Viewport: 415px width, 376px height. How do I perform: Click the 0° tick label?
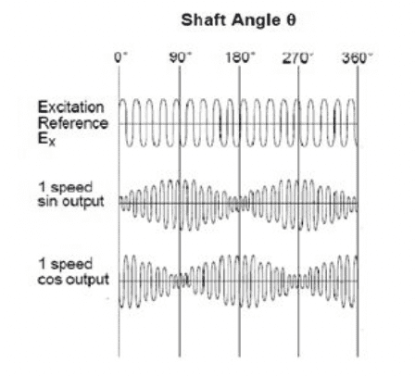120,57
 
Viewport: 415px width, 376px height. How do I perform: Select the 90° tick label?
181,57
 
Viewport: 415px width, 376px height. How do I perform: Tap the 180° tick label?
240,57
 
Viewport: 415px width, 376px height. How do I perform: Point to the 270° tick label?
298,57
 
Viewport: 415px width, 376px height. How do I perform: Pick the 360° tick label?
358,57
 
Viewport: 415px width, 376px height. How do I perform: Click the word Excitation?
71,107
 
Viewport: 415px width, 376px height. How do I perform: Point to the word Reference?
73,123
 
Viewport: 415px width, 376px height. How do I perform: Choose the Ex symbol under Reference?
46,139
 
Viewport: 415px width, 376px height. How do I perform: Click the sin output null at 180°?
240,204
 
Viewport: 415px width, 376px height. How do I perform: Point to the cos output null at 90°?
181,282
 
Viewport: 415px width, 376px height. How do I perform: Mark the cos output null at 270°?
298,282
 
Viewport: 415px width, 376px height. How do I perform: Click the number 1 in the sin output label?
42,187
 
